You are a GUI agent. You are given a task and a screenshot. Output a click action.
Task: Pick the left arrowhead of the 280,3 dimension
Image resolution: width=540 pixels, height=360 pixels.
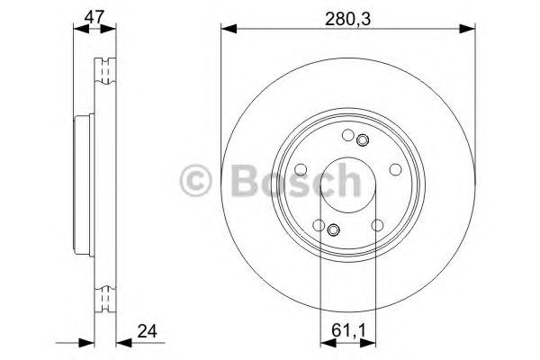(226, 30)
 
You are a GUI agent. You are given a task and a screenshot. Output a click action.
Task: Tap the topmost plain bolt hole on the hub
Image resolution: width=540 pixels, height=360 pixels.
(347, 135)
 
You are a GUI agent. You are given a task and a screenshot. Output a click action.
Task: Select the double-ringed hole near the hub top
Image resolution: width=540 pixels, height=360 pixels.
(362, 139)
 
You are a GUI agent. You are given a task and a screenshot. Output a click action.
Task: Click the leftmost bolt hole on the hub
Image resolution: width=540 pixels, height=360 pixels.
(300, 170)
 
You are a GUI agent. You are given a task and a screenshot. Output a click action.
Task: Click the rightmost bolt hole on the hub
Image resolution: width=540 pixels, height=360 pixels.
(395, 169)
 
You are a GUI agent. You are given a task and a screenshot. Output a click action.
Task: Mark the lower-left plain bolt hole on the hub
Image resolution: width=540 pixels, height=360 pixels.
(318, 226)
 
